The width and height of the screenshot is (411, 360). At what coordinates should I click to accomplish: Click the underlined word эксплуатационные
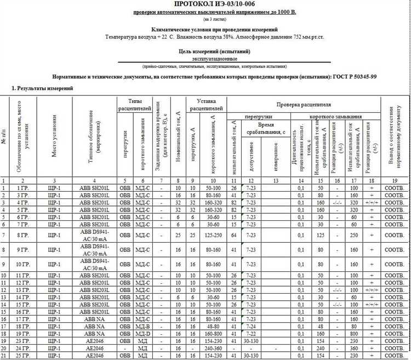coord(214,58)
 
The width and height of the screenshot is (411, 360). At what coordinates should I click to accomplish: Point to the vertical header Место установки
coord(54,139)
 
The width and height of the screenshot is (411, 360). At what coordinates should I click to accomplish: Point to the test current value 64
coord(233,237)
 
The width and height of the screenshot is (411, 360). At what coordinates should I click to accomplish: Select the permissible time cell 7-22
coord(250,332)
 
